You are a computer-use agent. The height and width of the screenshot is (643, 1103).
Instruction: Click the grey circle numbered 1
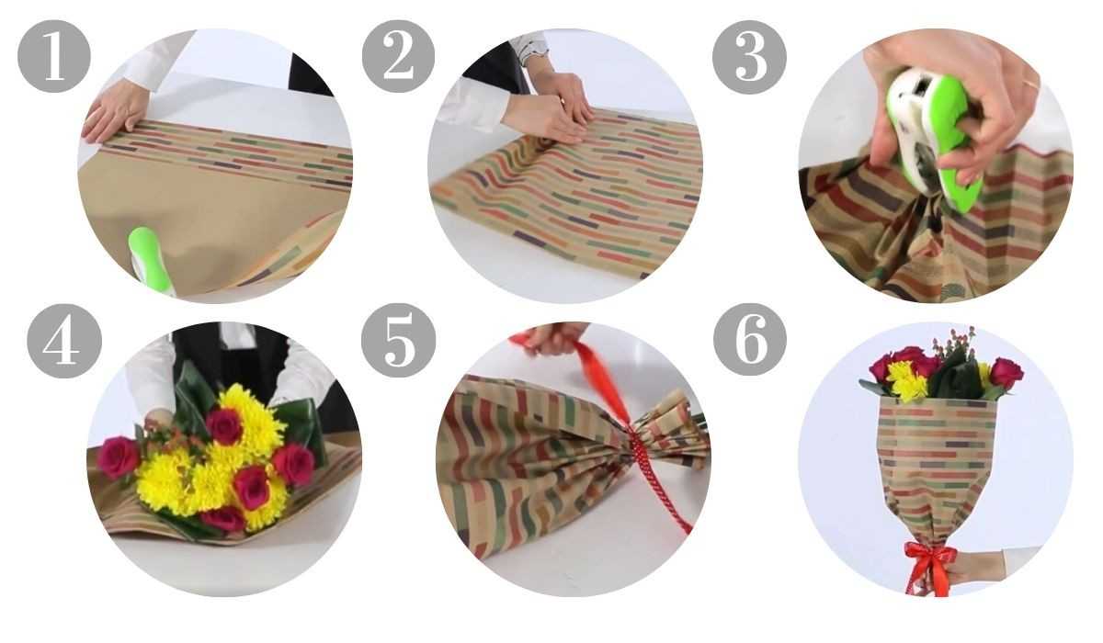pos(54,56)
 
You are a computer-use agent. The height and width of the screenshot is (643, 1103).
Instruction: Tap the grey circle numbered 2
pos(398,56)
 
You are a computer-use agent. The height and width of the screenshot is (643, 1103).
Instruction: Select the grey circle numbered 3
pos(749,57)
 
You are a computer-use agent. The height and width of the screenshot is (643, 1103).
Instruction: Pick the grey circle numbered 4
pos(64,341)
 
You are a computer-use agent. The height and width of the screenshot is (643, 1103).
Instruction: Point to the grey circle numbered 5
pos(398,341)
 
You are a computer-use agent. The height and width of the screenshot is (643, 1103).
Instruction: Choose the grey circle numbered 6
pos(750,340)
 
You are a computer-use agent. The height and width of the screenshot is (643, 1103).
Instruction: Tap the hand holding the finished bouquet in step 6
pos(977,569)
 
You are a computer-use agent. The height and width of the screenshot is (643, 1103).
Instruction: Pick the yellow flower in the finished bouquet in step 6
pos(906,380)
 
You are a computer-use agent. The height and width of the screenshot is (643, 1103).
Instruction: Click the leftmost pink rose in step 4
pos(119,457)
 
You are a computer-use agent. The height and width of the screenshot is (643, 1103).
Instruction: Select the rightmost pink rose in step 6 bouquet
pos(1006,372)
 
